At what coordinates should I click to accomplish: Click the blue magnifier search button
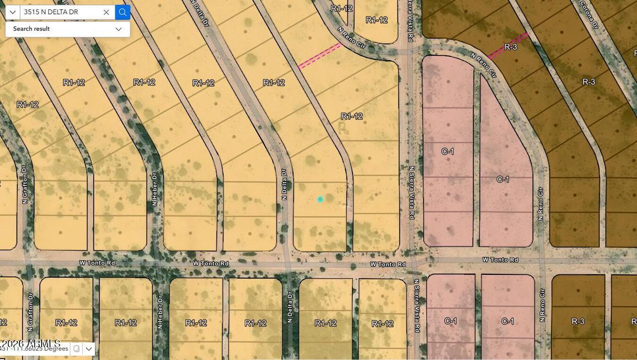[122, 12]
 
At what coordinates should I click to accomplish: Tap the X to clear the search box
[106, 12]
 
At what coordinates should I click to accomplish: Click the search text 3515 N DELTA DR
[51, 12]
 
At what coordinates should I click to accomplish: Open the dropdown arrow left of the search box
[12, 12]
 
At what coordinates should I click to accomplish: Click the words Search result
[31, 29]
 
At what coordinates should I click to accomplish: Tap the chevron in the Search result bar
[118, 29]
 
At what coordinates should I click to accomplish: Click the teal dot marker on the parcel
[320, 199]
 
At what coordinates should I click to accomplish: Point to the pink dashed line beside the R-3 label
[508, 46]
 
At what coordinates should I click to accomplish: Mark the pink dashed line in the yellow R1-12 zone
[319, 55]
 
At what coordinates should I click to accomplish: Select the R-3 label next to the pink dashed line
[511, 47]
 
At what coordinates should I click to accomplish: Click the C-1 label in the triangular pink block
[503, 179]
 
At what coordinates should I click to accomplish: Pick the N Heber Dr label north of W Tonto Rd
[154, 190]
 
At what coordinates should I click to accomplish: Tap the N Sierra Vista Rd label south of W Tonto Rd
[417, 306]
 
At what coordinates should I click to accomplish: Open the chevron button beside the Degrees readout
[89, 349]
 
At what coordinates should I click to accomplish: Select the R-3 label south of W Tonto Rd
[578, 322]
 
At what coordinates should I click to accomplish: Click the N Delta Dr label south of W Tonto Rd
[290, 307]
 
